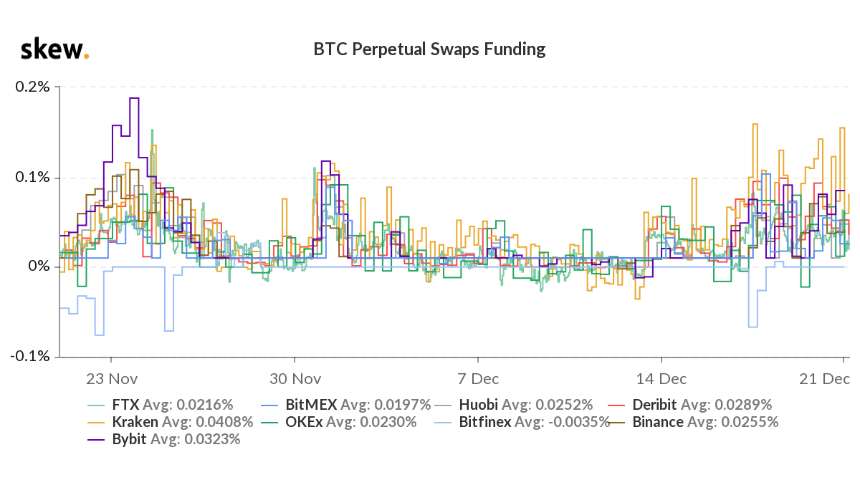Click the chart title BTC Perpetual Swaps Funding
point(429,49)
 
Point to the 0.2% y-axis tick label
point(33,87)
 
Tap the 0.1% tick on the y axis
point(33,177)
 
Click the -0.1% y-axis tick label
point(31,356)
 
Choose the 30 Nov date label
point(295,378)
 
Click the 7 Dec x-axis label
point(478,378)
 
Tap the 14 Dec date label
point(661,378)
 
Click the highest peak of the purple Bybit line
point(134,98)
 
